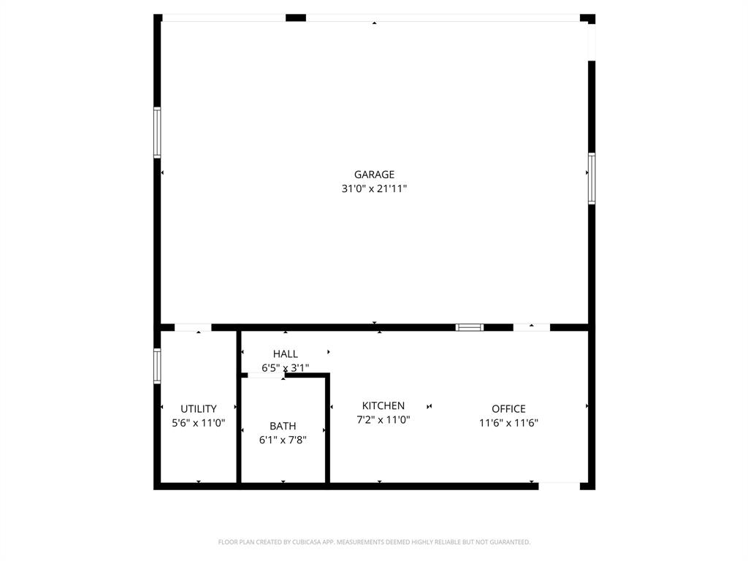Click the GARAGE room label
pos(374,175)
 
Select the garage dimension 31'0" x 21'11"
pos(374,188)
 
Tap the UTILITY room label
pos(199,409)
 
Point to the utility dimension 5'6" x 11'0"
pos(199,422)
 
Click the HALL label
pos(285,354)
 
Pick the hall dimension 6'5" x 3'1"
pos(285,368)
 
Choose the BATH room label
pos(283,426)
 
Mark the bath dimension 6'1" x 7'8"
pos(283,440)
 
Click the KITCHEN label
pos(383,406)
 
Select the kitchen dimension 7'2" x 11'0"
pos(383,420)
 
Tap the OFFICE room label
pos(508,409)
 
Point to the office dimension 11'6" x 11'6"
pos(508,422)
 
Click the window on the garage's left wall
pos(157,132)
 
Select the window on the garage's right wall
pos(592,178)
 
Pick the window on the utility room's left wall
pos(157,365)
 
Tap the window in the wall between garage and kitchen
pos(470,327)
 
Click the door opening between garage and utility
pos(193,327)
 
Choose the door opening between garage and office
pos(531,327)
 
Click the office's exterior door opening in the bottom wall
pos(560,485)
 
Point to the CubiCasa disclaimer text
pos(374,542)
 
